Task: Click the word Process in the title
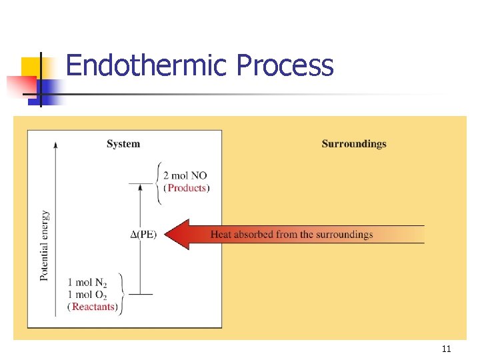(x=285, y=65)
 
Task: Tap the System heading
(x=123, y=143)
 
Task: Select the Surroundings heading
(x=353, y=143)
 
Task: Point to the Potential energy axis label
(x=45, y=245)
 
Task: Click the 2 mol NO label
(x=189, y=175)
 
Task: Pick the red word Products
(x=187, y=188)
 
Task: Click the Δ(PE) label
(x=143, y=234)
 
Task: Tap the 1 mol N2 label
(x=91, y=282)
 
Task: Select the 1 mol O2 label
(x=91, y=295)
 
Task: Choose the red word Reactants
(x=94, y=307)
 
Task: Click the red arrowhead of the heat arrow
(x=177, y=234)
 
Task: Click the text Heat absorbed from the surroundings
(x=291, y=234)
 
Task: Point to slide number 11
(x=446, y=349)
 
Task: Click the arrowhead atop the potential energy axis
(x=56, y=143)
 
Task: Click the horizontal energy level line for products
(x=140, y=183)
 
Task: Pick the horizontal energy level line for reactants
(x=140, y=294)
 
